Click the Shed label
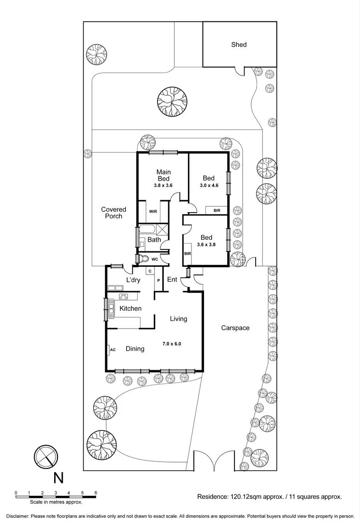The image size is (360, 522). pos(239,44)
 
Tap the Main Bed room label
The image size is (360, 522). pos(163,175)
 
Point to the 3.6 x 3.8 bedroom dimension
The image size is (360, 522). pos(207,245)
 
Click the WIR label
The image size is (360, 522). pos(153,212)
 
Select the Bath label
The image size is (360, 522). pos(154,240)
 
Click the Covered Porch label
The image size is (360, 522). pos(114,213)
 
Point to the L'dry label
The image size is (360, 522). pos(133,280)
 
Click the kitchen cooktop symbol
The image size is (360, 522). pos(124,297)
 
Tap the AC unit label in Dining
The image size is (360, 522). pos(113,349)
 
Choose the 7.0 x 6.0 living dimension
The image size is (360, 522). pos(173,344)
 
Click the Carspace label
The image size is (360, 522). pos(235,328)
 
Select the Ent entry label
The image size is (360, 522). pos(172,279)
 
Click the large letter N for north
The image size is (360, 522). pos(58,478)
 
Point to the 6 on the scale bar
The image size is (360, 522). pos(96,493)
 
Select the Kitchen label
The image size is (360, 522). pos(130,308)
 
